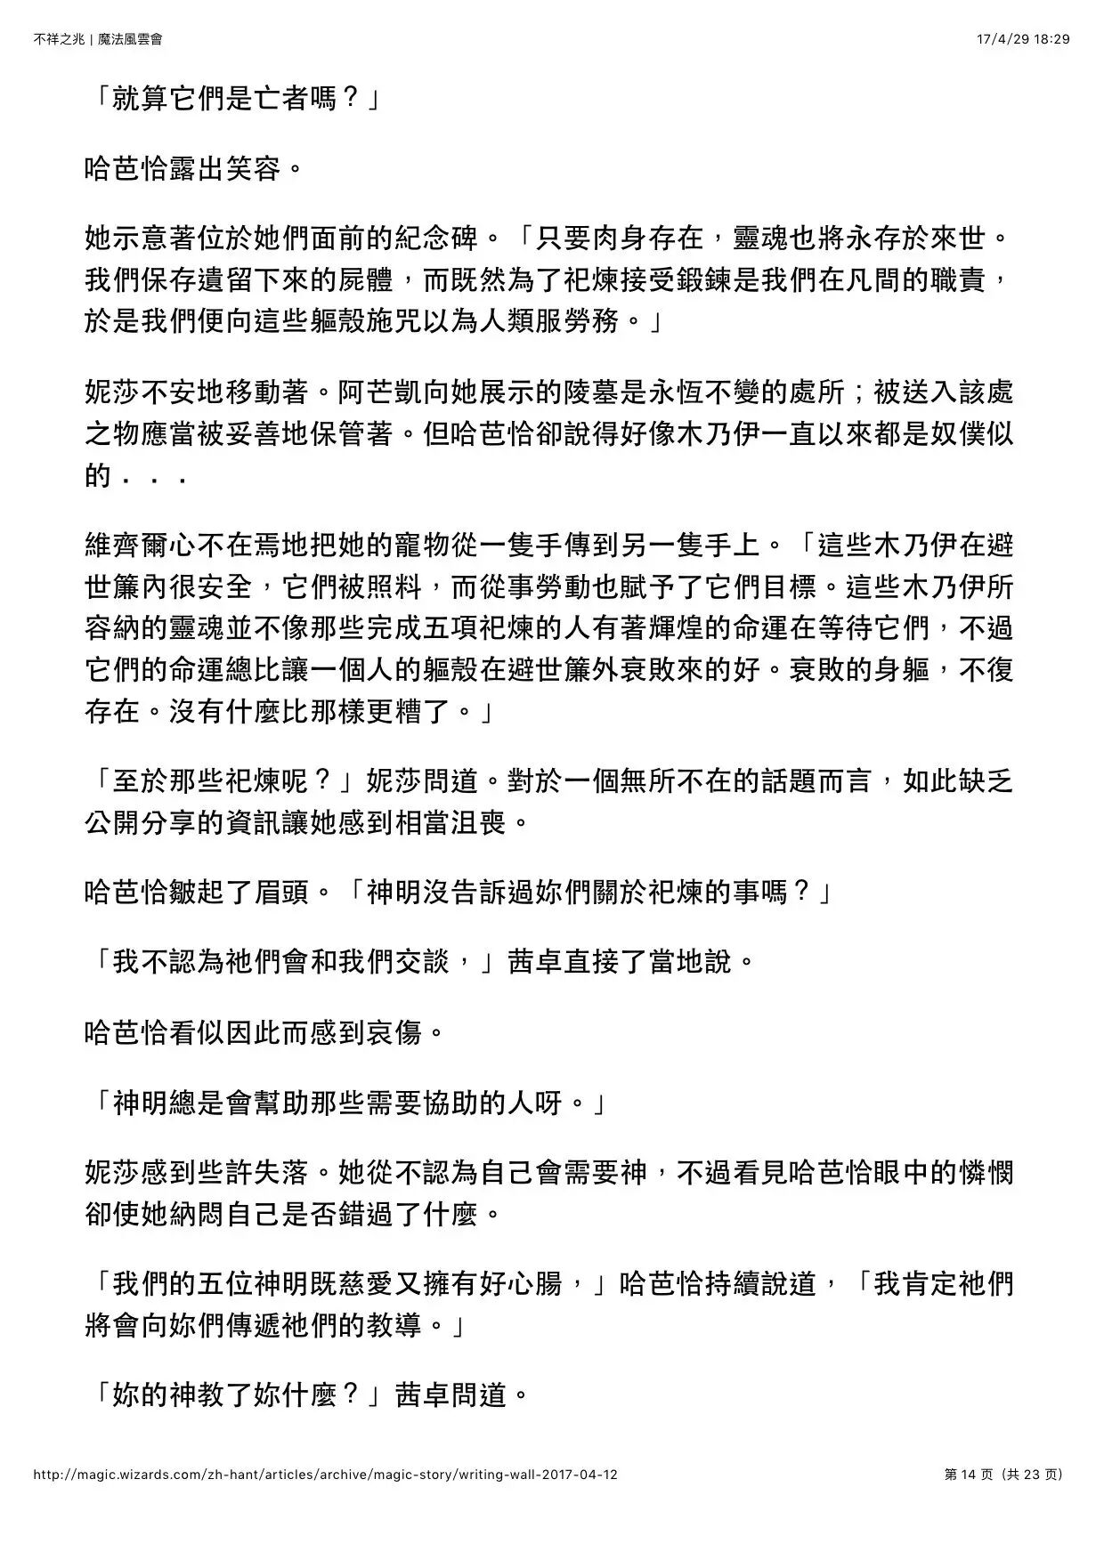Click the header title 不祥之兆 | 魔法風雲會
pyautogui.click(x=98, y=39)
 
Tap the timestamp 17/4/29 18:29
pyautogui.click(x=1023, y=39)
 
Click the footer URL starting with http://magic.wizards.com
pyautogui.click(x=325, y=1475)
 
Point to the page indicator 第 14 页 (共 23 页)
pyautogui.click(x=1003, y=1475)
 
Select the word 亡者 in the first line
pyautogui.click(x=282, y=99)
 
